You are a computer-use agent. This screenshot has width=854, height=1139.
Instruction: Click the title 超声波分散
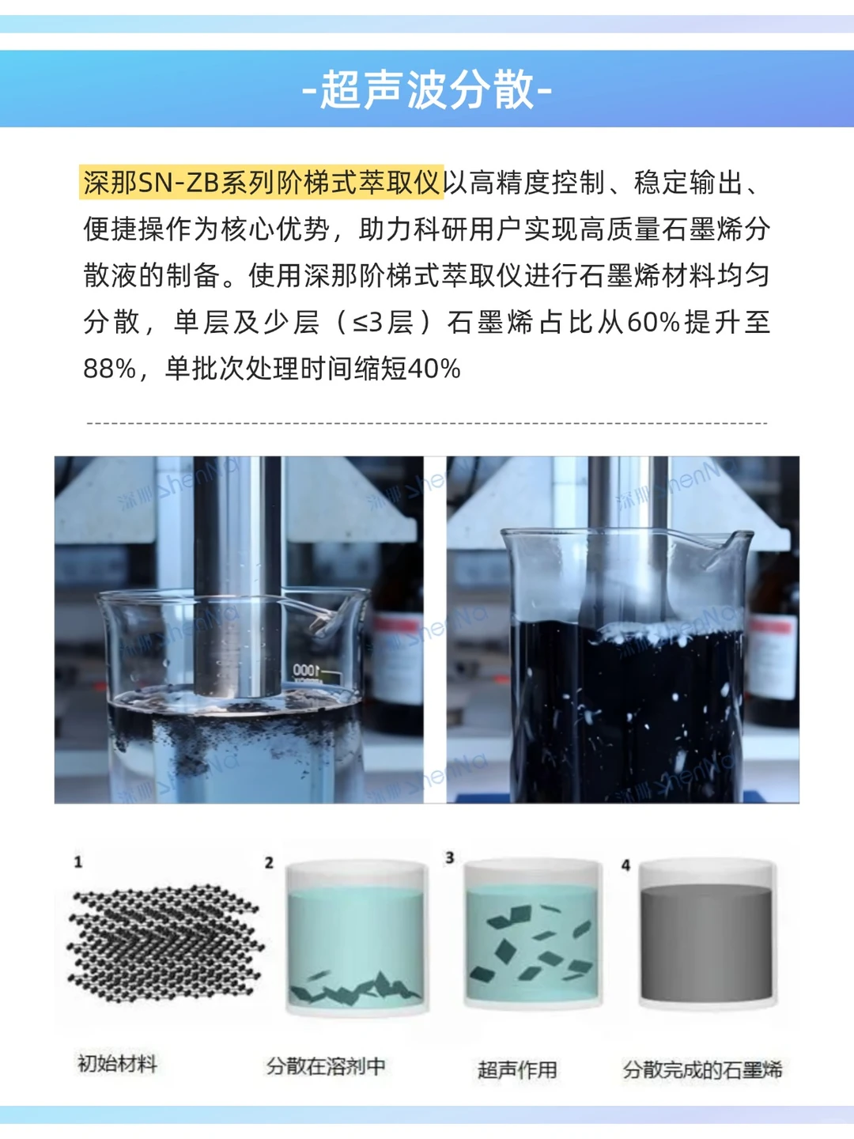(427, 89)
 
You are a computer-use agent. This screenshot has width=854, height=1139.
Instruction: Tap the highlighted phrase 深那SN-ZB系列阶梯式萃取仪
(261, 183)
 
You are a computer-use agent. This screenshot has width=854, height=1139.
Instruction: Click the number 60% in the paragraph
(653, 322)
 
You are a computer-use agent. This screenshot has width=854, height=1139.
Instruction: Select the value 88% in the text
(109, 369)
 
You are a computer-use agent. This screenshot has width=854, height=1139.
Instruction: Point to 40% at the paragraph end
(433, 369)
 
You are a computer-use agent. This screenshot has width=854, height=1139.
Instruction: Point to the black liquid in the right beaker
(625, 712)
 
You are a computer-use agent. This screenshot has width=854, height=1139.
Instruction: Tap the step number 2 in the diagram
(269, 862)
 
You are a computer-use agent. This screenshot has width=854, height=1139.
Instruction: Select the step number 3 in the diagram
(450, 857)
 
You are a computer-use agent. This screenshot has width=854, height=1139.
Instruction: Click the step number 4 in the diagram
(625, 865)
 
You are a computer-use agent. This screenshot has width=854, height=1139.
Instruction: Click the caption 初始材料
(117, 1064)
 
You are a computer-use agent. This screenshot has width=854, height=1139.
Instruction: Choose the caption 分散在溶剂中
(326, 1066)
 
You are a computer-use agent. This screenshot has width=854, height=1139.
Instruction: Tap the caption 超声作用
(517, 1069)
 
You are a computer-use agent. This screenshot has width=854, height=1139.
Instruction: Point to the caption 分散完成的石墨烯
(702, 1069)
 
